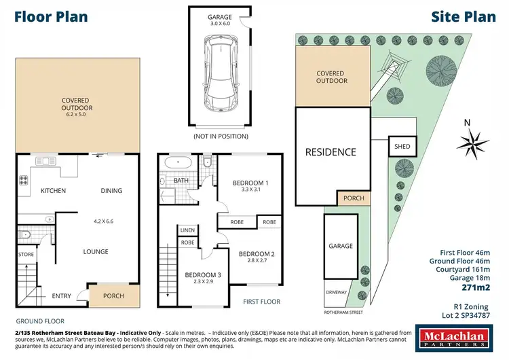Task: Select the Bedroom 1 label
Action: [250, 183]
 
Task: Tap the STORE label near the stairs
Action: [25, 255]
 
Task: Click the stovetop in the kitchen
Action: [24, 180]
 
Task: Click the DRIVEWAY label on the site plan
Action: [336, 293]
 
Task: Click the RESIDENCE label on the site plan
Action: [330, 152]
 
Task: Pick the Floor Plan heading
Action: [52, 16]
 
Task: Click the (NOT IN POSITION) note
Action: [220, 137]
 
